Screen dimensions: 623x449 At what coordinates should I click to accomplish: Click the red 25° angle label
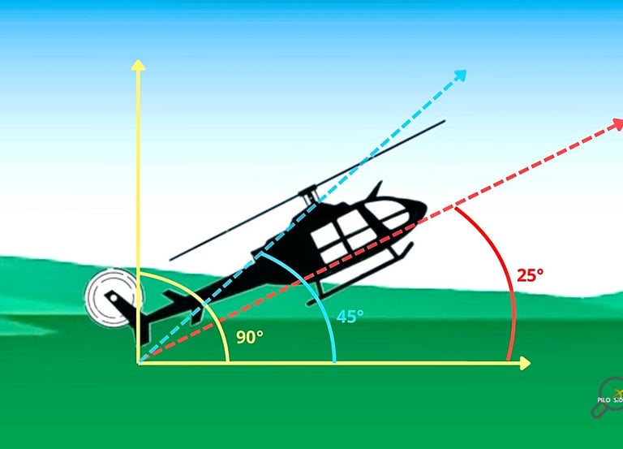pos(530,274)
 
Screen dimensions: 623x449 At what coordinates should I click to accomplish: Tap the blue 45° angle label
pos(350,316)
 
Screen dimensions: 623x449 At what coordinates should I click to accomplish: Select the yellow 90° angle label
pos(249,336)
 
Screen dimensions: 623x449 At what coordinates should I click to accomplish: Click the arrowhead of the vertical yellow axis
pos(139,65)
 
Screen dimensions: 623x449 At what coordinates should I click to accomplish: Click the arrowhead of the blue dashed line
pos(461,75)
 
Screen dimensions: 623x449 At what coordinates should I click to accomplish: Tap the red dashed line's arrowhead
pos(616,124)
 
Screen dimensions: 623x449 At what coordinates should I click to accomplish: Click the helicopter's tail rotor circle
pos(110,297)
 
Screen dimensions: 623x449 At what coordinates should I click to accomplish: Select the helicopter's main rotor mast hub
pos(307,194)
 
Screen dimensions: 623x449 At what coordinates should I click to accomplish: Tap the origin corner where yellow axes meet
pos(139,363)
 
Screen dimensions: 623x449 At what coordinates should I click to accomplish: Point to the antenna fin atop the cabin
pos(376,190)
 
